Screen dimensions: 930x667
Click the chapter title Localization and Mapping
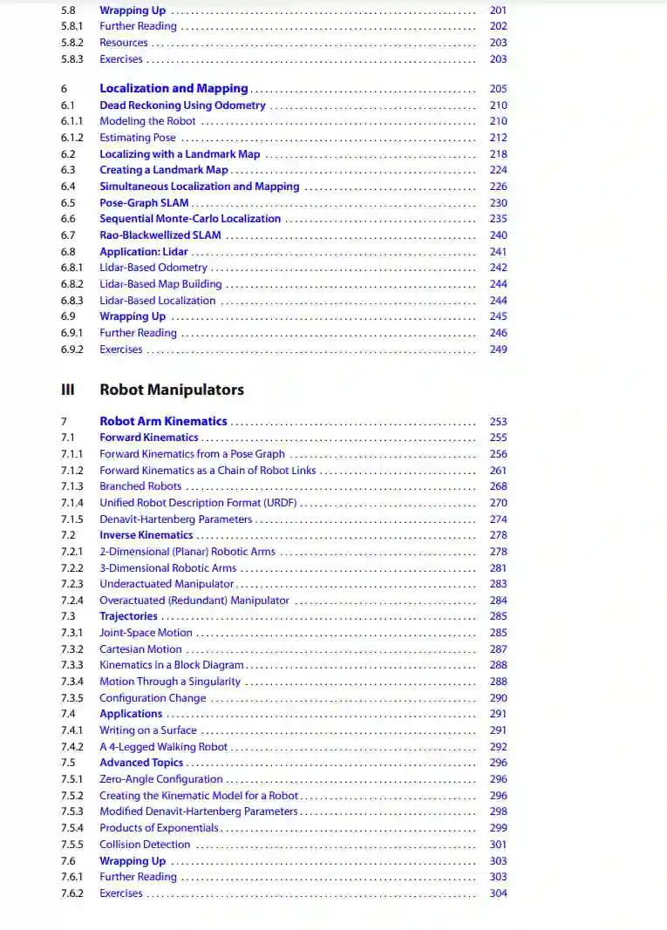tap(174, 88)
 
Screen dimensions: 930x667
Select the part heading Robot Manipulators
tap(172, 390)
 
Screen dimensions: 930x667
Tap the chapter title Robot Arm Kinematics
tap(163, 421)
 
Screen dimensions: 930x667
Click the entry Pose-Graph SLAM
tap(144, 203)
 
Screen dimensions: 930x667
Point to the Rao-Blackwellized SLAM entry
tap(160, 235)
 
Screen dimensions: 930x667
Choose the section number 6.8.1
tap(72, 268)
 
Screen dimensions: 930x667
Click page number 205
tap(498, 89)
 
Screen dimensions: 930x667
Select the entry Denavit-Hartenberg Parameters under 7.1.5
tap(175, 519)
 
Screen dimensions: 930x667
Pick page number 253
tap(498, 422)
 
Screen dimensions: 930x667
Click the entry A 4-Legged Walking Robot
tap(163, 747)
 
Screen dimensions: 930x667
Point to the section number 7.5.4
tap(72, 828)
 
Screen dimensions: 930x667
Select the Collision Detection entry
tap(145, 845)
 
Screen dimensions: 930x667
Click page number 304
tap(498, 893)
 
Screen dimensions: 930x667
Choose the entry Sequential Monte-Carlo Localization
tap(190, 219)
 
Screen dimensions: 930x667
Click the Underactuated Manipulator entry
tap(167, 584)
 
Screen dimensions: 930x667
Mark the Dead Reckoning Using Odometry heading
tap(182, 105)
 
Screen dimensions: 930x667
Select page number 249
tap(498, 350)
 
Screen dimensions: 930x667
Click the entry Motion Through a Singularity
tap(170, 682)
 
